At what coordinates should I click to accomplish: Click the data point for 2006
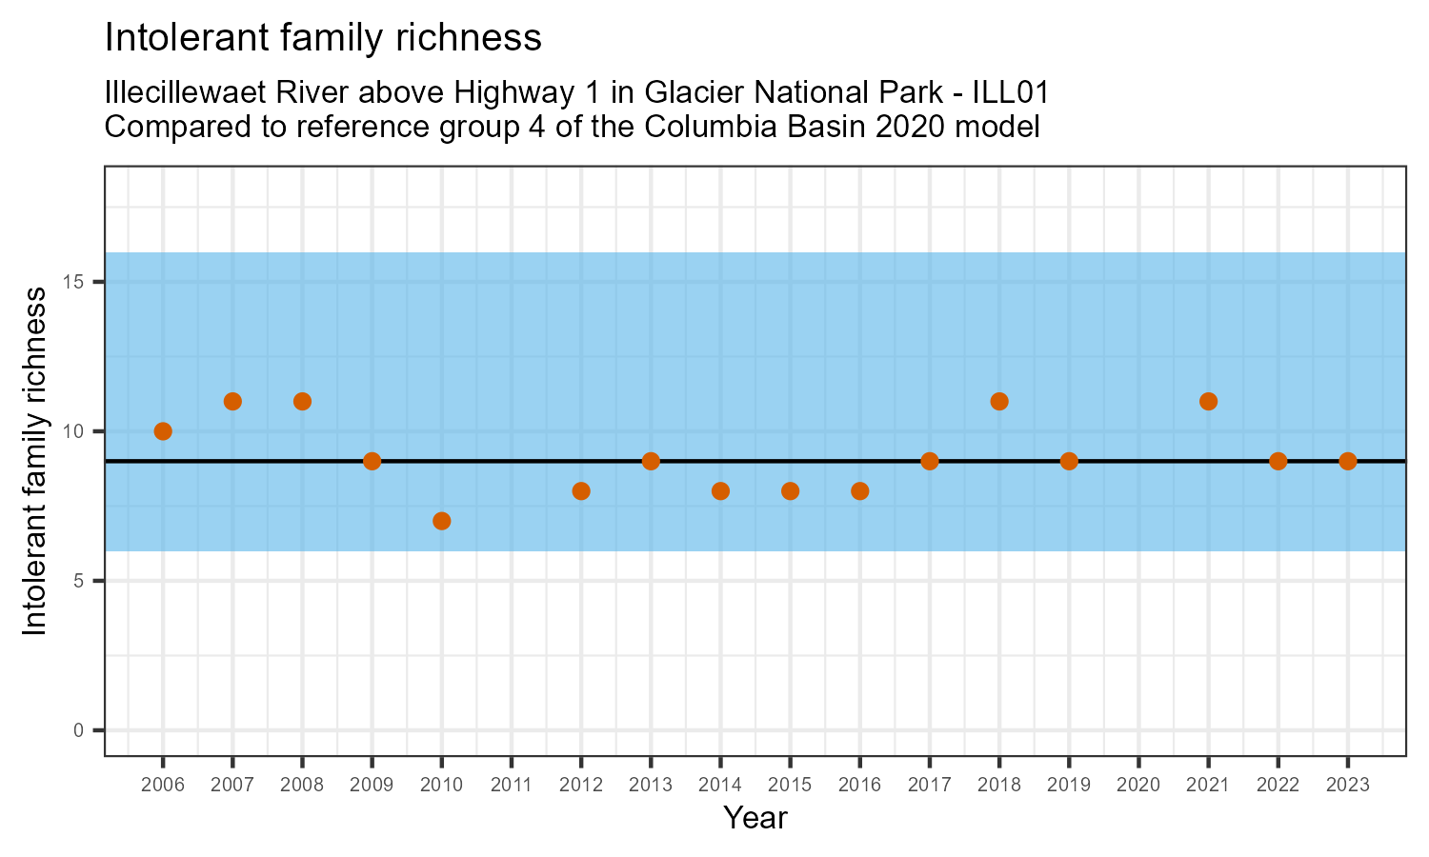(x=163, y=431)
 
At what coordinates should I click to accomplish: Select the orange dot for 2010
(x=441, y=521)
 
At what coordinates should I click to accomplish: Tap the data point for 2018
(x=999, y=401)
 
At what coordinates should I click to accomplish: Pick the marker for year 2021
(x=1208, y=401)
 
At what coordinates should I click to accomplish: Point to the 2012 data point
(x=581, y=491)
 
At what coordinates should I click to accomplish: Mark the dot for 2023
(x=1347, y=461)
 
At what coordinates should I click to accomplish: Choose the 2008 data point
(x=302, y=401)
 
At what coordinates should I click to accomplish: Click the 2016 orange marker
(x=859, y=491)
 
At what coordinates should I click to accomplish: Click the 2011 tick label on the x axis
(x=512, y=786)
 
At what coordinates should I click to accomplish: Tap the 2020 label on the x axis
(x=1138, y=786)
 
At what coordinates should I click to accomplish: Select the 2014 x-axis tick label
(x=720, y=786)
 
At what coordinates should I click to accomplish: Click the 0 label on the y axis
(x=80, y=730)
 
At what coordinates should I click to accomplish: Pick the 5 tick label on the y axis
(x=80, y=581)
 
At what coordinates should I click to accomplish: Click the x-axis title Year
(x=755, y=818)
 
